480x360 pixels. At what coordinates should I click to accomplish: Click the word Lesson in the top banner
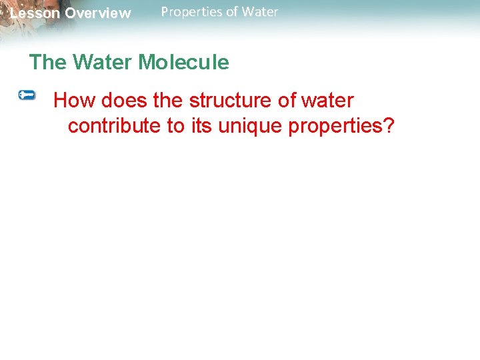35,13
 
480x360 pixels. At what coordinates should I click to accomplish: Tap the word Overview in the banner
98,13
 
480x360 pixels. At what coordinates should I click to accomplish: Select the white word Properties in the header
189,12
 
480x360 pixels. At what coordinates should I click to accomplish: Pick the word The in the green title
48,63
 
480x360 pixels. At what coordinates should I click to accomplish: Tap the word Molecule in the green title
183,63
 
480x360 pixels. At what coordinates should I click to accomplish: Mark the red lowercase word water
327,101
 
